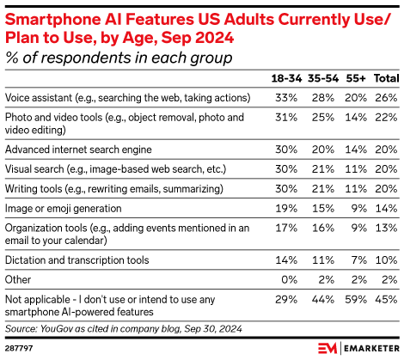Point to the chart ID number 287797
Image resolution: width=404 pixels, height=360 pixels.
coord(20,349)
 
